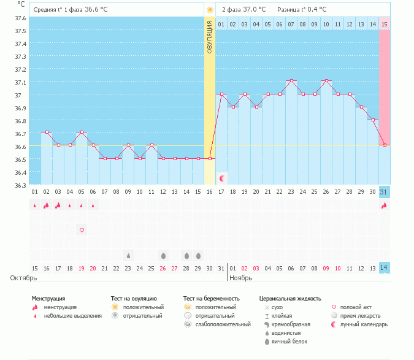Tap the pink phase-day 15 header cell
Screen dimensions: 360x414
tap(385, 24)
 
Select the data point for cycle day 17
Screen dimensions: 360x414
tap(221, 94)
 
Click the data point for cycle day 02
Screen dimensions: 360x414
tap(47, 132)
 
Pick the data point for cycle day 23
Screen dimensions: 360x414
tap(291, 80)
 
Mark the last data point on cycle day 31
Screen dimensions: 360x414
tap(385, 145)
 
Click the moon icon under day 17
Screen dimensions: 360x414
tap(222, 178)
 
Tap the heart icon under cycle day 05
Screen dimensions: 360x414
tap(82, 230)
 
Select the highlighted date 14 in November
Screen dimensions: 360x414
tap(385, 268)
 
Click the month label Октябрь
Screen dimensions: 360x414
tap(20, 278)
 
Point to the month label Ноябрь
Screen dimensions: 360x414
tap(241, 278)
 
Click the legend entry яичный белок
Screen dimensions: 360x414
tap(289, 341)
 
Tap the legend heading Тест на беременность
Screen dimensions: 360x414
tap(211, 299)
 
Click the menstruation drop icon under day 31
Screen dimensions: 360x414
tap(385, 205)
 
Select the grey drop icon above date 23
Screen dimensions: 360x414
tap(128, 255)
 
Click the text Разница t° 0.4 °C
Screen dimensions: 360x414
tap(302, 9)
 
